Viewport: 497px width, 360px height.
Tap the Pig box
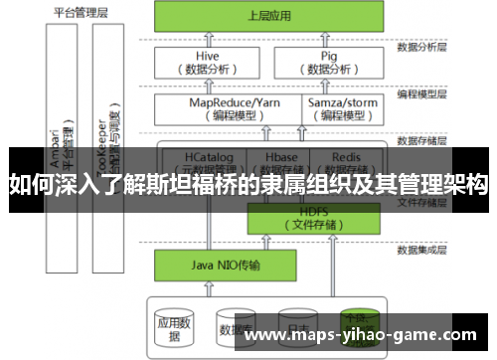pyautogui.click(x=329, y=63)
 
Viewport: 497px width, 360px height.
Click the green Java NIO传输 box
pyautogui.click(x=208, y=266)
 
